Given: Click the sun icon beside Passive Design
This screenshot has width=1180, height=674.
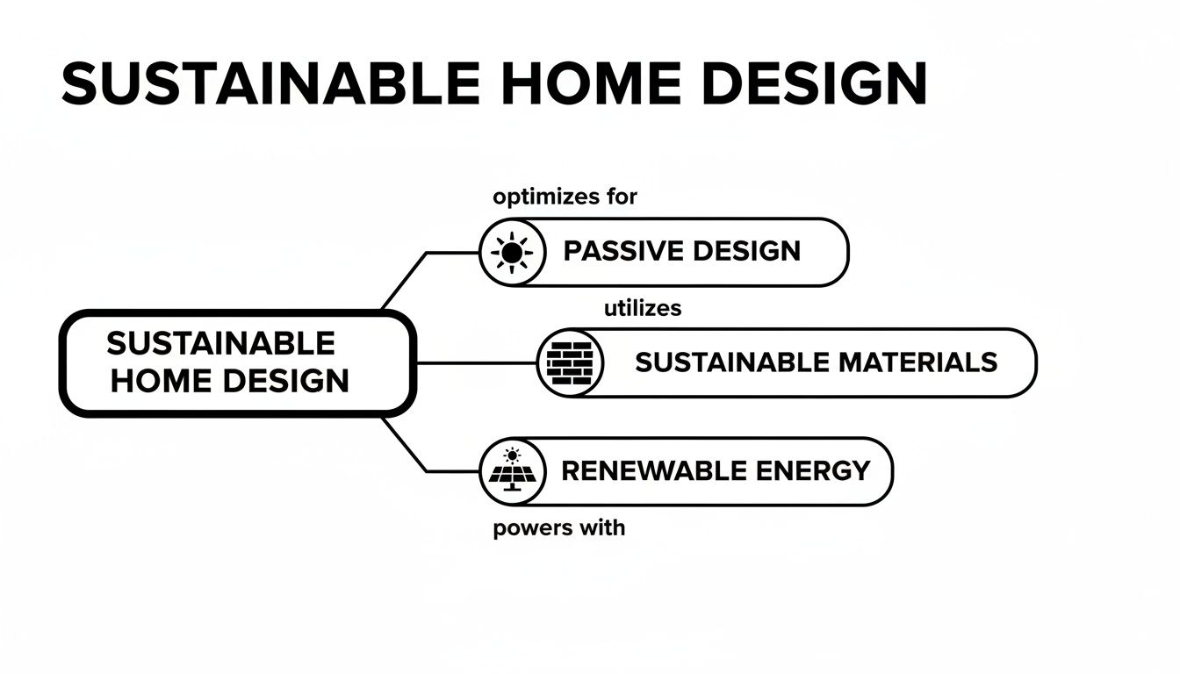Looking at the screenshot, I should click(x=513, y=253).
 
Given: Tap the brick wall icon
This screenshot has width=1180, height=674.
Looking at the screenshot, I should click(x=571, y=362).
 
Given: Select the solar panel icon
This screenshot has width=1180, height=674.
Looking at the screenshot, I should click(x=513, y=471).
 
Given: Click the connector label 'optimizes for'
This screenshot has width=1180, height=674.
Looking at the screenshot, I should click(x=565, y=197).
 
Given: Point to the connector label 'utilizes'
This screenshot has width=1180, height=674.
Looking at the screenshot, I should click(x=643, y=308).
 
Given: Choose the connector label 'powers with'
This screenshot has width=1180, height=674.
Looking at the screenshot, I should click(x=559, y=529).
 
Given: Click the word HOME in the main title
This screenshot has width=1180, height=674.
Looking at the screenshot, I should click(x=590, y=84).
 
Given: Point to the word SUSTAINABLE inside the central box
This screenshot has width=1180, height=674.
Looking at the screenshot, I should click(x=220, y=343).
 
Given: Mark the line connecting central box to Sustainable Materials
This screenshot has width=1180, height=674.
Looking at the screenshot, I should click(x=474, y=362).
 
